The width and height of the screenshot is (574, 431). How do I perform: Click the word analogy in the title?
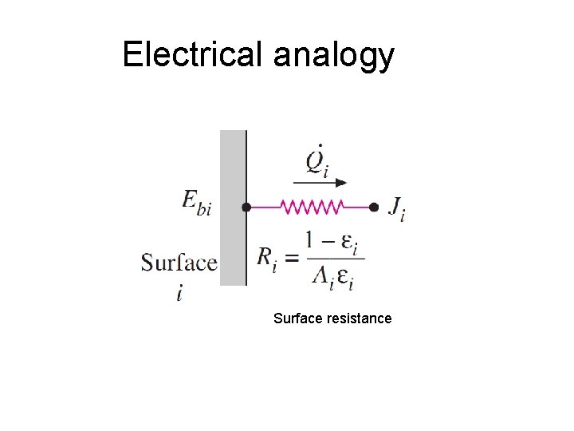coord(334,56)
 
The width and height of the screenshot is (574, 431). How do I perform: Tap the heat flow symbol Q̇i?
coord(317,161)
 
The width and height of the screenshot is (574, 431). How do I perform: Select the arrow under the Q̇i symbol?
coord(321,182)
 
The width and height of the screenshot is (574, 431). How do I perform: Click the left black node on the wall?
coord(246,207)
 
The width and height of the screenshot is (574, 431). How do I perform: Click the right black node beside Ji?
coord(373,207)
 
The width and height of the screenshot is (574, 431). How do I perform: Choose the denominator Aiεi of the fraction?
coord(334,276)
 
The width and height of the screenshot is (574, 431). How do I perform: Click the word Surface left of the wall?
coord(179,263)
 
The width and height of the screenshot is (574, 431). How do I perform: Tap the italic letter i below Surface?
coord(180,294)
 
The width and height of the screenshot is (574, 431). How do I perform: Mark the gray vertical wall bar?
coord(233,208)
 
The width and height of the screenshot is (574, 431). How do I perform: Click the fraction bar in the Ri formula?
coord(334,258)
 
